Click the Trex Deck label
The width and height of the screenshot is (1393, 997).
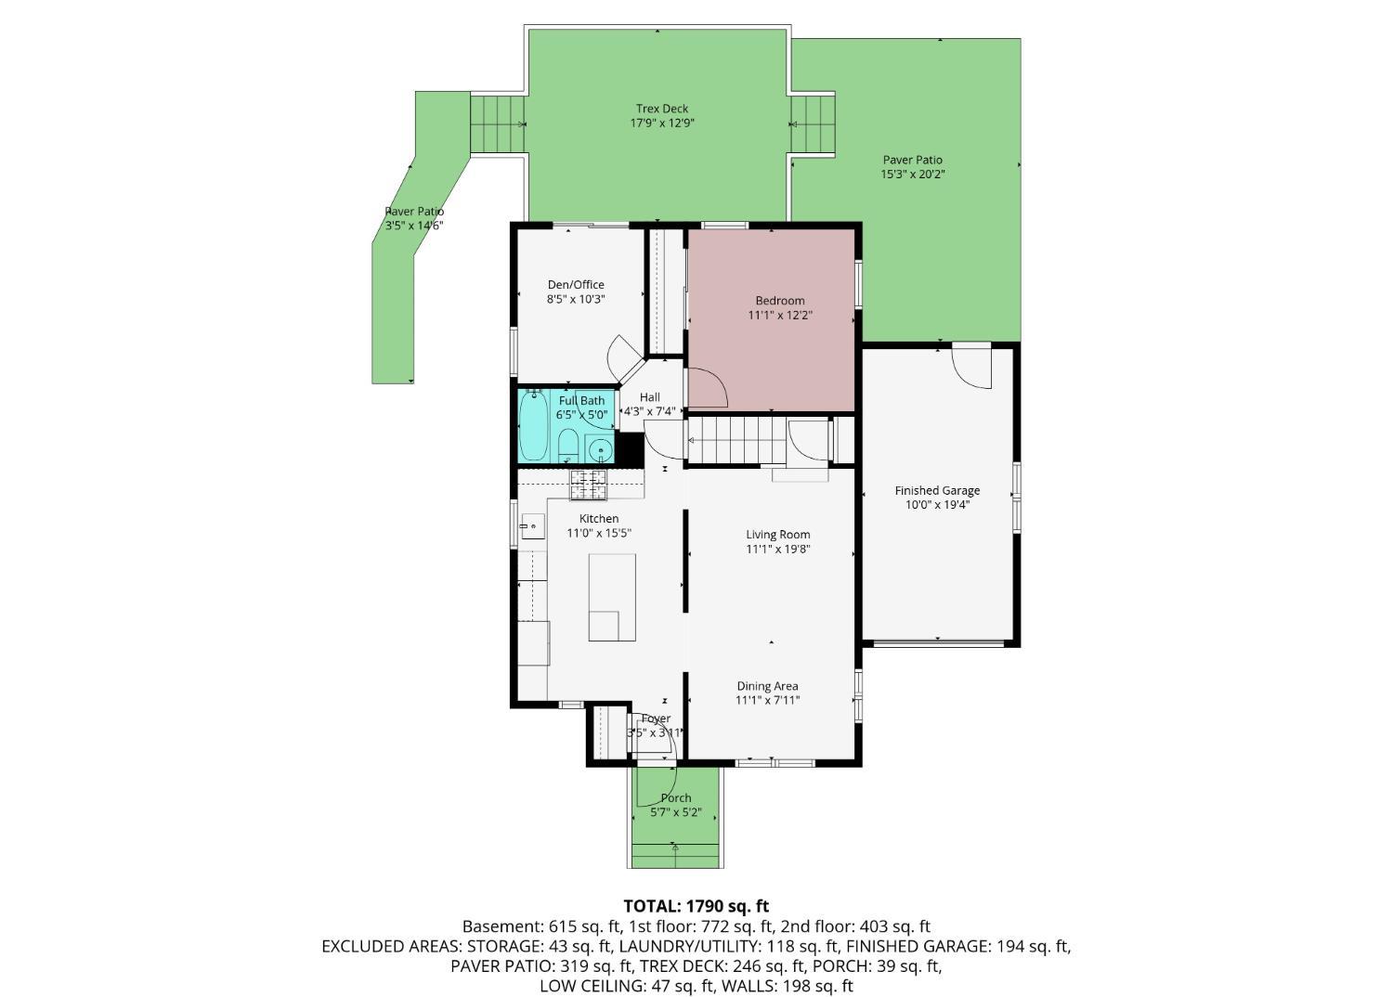point(661,109)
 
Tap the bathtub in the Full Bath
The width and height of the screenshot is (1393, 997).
point(534,426)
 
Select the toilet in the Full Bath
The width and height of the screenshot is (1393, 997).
point(568,446)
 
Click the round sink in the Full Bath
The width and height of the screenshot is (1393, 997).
point(600,451)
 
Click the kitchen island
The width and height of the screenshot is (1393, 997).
point(612,597)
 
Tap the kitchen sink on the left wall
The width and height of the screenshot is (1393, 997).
point(532,526)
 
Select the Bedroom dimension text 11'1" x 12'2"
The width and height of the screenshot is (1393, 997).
point(779,316)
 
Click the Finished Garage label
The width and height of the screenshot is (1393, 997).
point(937,490)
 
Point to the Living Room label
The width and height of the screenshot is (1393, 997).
point(778,534)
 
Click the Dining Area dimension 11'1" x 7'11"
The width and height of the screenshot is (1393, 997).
point(767,701)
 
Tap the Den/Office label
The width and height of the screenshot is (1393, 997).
point(576,285)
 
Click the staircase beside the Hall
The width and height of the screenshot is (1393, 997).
point(736,440)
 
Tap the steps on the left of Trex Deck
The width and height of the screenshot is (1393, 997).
point(498,123)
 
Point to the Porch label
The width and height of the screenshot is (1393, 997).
point(676,798)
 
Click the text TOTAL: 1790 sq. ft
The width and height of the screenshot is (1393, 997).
point(696,906)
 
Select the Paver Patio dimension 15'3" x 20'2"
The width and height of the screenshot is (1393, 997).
point(913,175)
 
